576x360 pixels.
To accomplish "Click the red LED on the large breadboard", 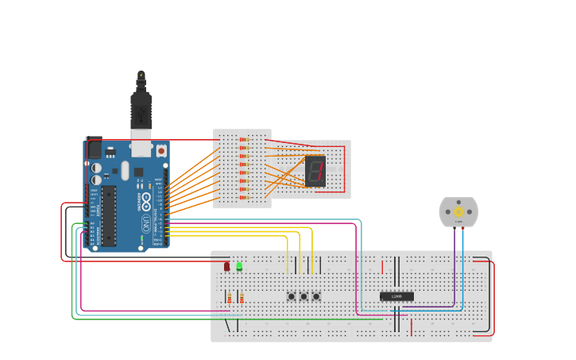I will point(226,266).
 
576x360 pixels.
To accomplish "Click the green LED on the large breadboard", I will point(239,266).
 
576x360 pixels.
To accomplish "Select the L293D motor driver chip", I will point(396,296).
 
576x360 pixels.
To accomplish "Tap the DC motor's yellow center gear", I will point(458,212).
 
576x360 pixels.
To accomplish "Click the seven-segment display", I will point(315,171).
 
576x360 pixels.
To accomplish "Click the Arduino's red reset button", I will point(160,150).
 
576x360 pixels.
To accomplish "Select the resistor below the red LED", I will point(230,298).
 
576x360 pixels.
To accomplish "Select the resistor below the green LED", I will point(242,298).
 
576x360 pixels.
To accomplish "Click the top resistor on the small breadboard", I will point(244,140).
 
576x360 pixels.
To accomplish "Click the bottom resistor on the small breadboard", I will point(244,197).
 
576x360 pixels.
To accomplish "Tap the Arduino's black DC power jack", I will point(94,148).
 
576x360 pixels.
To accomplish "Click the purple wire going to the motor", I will point(454,262).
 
